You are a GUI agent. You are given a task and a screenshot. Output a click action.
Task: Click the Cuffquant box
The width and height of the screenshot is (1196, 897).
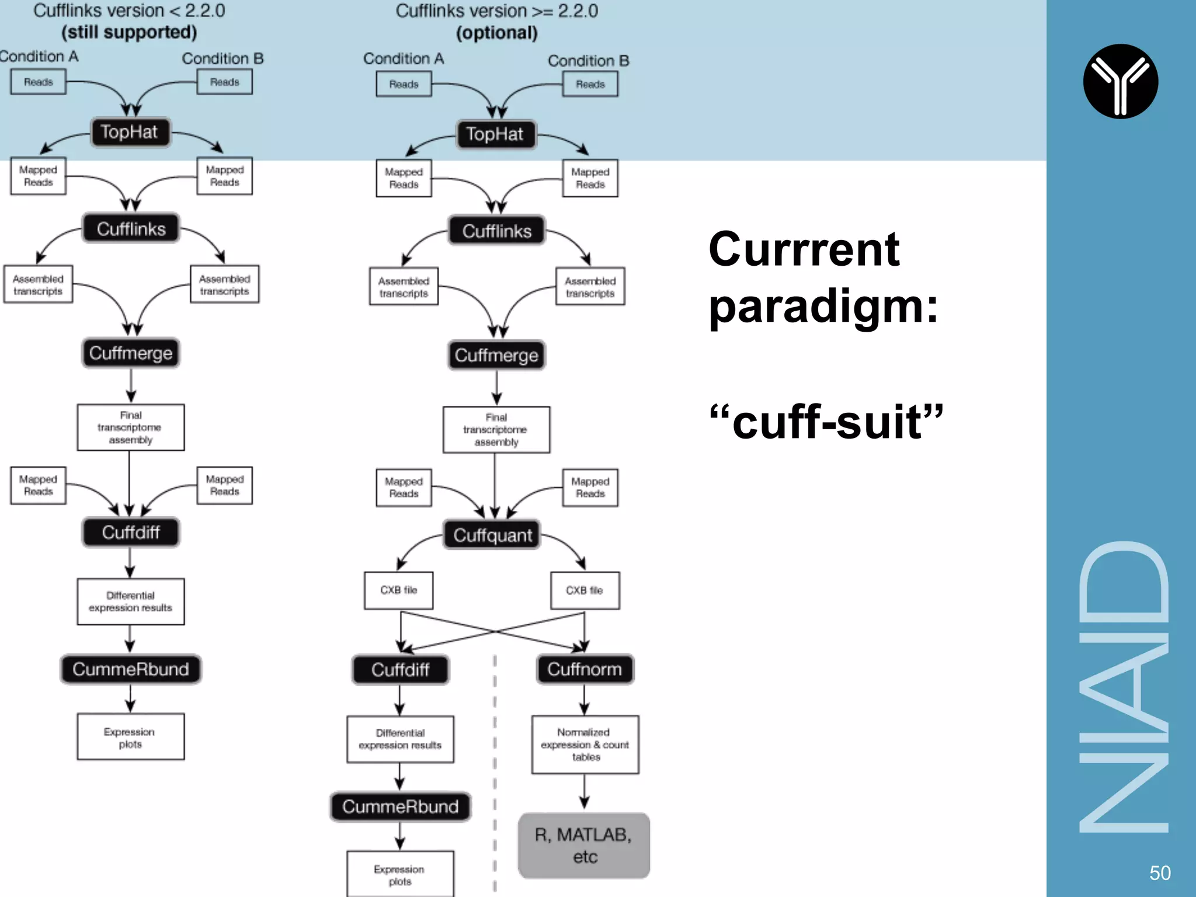click(492, 535)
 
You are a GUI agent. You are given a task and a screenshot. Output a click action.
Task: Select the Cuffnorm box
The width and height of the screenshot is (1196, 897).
click(585, 669)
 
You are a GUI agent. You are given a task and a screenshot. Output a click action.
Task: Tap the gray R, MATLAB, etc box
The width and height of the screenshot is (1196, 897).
click(583, 846)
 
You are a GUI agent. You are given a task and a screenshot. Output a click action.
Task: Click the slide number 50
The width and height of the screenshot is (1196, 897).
click(1160, 873)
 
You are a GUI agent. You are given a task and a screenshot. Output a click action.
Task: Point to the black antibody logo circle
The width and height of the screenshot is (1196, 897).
click(1120, 81)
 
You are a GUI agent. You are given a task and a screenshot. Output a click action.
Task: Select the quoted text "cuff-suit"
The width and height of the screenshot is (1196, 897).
click(826, 422)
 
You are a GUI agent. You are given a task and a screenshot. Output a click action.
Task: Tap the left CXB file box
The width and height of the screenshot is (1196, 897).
click(398, 590)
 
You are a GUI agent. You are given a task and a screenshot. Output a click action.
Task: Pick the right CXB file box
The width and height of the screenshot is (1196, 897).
click(585, 590)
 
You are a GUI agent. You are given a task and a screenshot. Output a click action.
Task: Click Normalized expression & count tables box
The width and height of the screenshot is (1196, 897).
click(585, 745)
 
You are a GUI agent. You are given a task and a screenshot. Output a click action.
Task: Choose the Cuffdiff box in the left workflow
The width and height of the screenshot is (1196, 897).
click(131, 532)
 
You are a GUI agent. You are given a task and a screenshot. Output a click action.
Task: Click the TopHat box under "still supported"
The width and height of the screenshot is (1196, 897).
click(130, 132)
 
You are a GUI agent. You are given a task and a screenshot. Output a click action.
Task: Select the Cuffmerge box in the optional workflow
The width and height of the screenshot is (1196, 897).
click(496, 355)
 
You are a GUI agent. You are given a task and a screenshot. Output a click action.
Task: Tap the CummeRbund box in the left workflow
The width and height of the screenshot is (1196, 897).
click(131, 669)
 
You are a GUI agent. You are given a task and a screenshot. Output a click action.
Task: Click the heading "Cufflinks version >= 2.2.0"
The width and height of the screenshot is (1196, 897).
click(496, 11)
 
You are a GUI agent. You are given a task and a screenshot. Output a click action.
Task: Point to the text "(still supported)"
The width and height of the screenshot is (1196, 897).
click(129, 32)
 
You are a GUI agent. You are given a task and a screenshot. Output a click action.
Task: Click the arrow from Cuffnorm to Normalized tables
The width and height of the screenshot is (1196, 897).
click(585, 700)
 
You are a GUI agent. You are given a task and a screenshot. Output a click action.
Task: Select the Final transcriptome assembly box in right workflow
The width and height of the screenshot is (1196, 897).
click(496, 430)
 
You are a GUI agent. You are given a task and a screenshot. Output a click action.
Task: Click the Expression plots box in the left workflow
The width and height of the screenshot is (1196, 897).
click(130, 737)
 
